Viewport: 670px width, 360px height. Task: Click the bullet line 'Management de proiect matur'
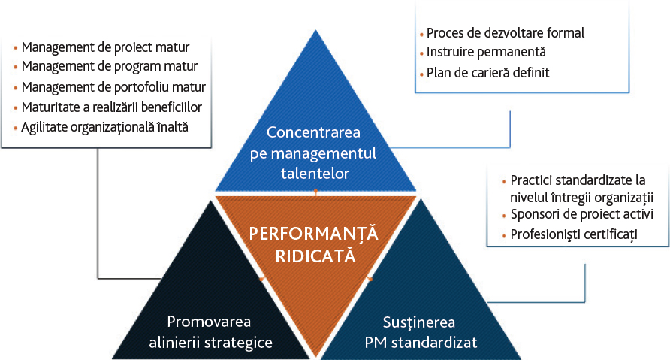click(x=106, y=47)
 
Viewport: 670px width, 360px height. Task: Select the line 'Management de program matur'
click(x=110, y=67)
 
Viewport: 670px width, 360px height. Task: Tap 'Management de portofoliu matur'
click(x=113, y=87)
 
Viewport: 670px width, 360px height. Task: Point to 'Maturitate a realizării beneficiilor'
click(x=111, y=107)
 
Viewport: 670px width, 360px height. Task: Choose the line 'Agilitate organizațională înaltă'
click(x=104, y=127)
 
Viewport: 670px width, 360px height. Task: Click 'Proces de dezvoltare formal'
click(x=506, y=33)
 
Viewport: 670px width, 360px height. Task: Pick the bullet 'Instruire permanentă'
click(x=486, y=52)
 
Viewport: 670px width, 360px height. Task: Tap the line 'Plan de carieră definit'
click(x=488, y=73)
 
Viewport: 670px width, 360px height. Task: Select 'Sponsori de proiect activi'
click(x=582, y=214)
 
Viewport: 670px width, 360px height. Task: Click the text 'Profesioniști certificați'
click(x=574, y=234)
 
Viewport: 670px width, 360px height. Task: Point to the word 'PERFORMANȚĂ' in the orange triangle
click(x=314, y=234)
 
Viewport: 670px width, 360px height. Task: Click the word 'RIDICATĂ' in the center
click(x=315, y=256)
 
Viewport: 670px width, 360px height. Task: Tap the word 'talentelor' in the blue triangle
click(x=315, y=174)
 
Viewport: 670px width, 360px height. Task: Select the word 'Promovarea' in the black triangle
click(x=209, y=322)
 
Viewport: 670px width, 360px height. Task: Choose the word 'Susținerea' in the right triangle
click(x=419, y=322)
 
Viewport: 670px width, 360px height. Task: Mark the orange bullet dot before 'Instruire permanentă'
click(x=421, y=53)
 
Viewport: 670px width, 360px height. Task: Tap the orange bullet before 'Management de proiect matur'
click(x=15, y=48)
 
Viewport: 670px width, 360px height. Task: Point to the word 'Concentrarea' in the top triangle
click(x=314, y=132)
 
